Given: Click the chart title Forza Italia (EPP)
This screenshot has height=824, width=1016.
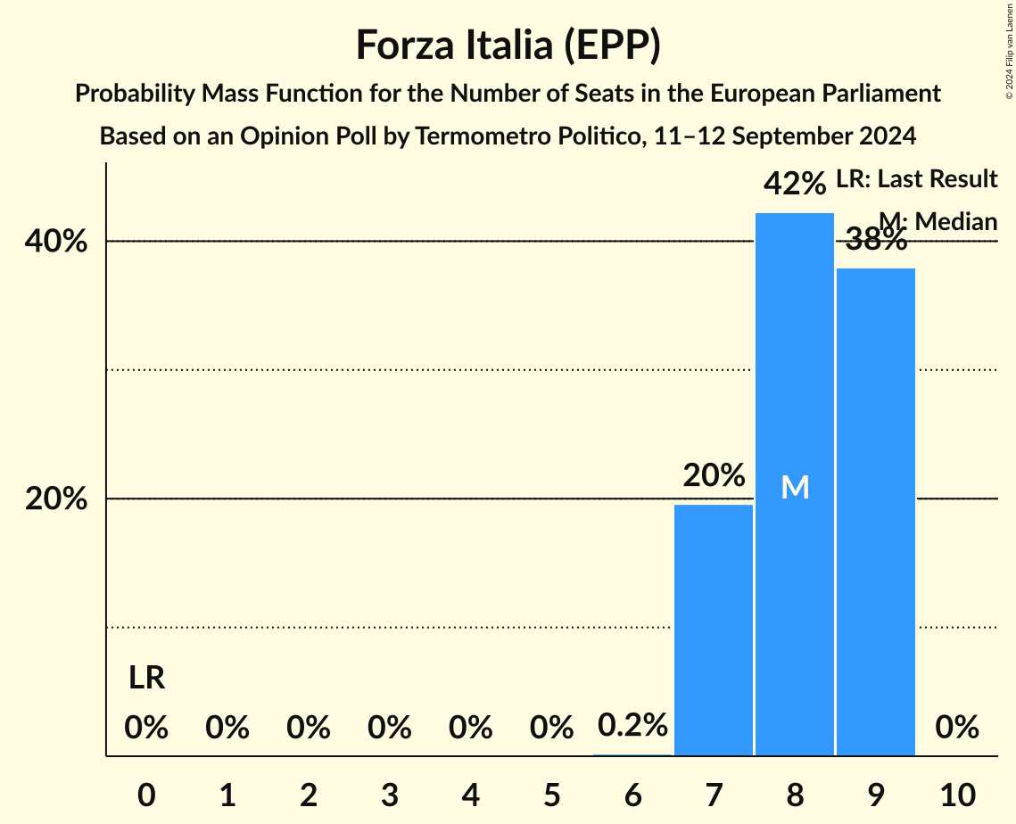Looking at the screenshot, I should (508, 45).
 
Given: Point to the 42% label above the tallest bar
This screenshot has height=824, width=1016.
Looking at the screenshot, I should (795, 184).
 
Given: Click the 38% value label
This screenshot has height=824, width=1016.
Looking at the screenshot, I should (876, 239).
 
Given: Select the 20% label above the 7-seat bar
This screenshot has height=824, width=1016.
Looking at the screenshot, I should (714, 475).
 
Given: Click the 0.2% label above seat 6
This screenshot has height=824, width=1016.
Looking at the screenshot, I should (632, 726).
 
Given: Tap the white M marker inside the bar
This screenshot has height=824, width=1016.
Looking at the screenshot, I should (795, 487).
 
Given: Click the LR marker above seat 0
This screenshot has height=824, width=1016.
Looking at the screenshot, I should (146, 678).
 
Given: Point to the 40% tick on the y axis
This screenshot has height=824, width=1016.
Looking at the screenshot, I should (56, 242).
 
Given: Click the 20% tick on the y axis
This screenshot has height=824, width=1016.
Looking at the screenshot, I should (56, 499).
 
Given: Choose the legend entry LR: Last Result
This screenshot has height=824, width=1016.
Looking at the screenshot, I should (916, 179).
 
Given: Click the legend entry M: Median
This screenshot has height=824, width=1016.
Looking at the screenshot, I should (938, 221).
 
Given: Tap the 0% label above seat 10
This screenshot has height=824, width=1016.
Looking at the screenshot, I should (957, 728).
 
